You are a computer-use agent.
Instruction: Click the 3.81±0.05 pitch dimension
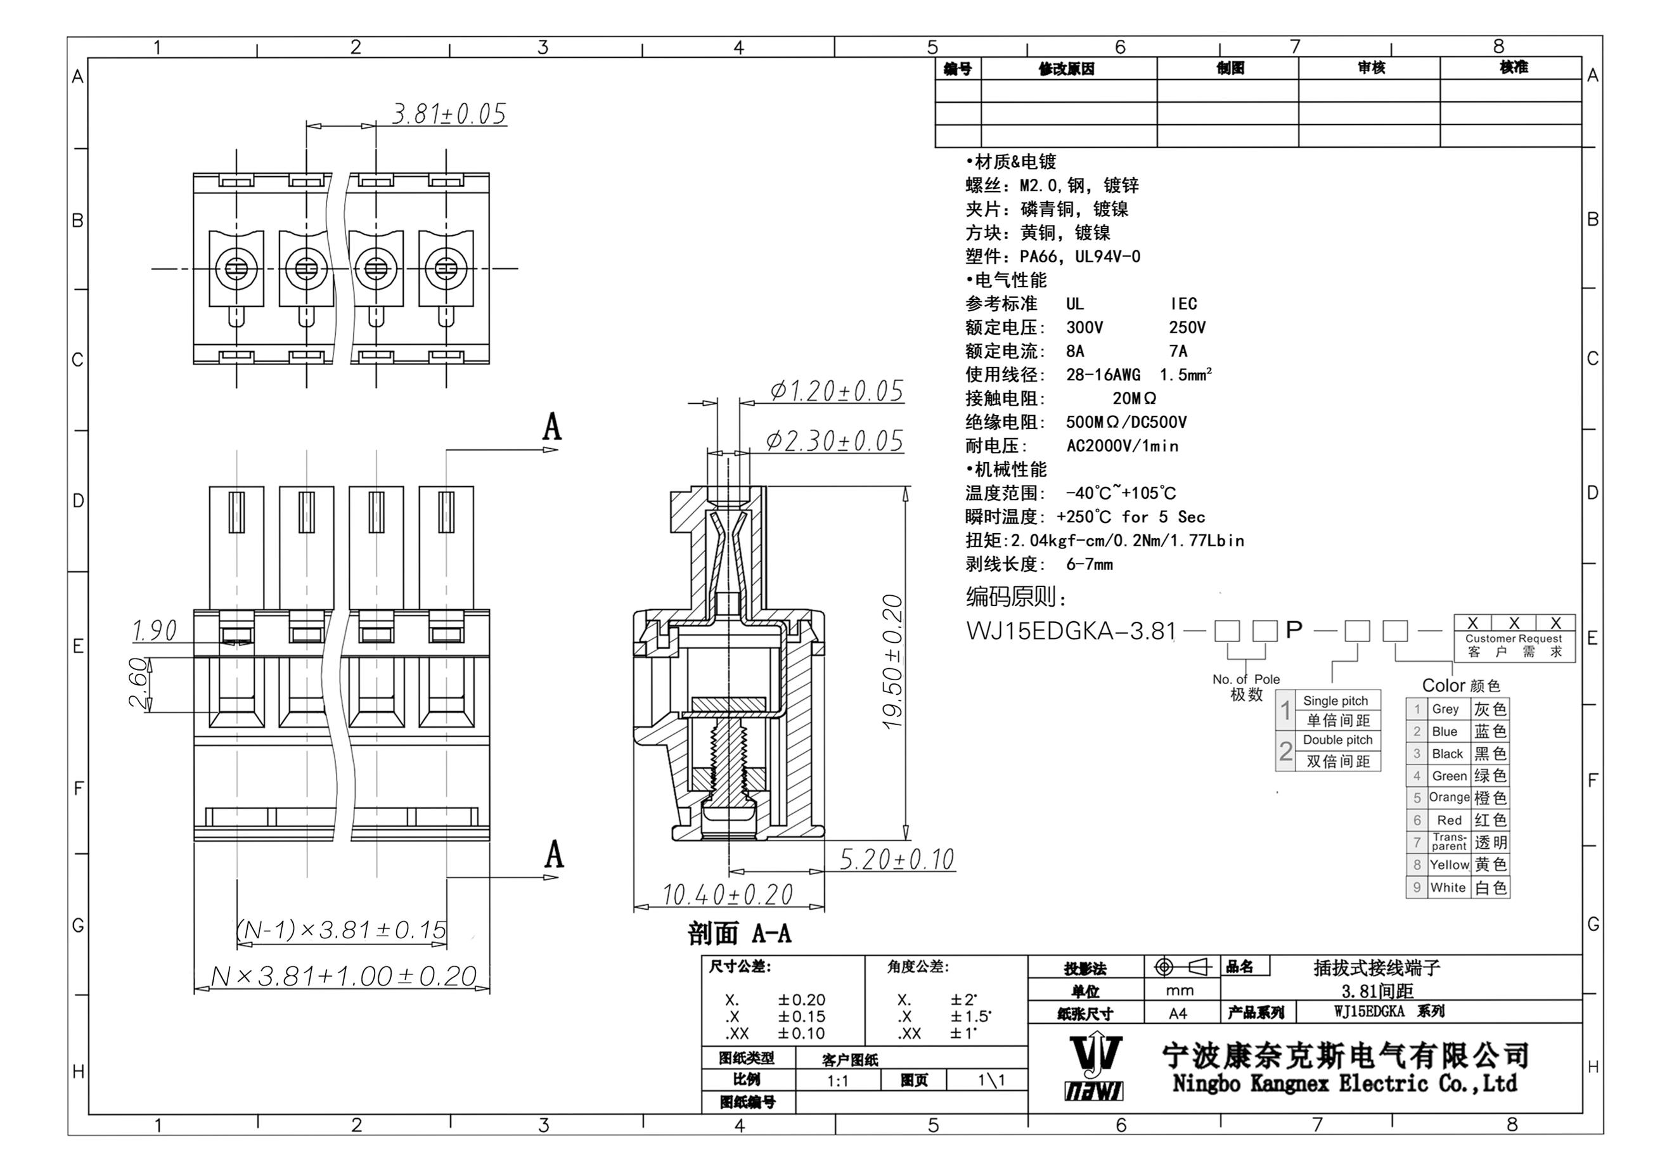449,114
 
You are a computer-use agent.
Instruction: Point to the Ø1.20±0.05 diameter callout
837,391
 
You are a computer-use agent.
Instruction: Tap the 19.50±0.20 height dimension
894,661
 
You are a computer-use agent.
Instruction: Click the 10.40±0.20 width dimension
728,895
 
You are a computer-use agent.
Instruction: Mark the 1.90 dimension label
154,631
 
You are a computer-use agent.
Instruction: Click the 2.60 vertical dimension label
139,683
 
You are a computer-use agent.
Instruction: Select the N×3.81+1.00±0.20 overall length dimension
344,977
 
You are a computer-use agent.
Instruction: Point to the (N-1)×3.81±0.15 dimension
341,930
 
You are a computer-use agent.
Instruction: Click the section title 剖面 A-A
739,933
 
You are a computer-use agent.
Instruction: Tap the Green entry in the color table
1449,776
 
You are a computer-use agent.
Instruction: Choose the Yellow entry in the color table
1449,865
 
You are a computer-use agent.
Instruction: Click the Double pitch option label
1337,740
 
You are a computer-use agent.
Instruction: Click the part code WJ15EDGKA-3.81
1071,631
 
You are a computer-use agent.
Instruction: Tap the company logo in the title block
1095,1068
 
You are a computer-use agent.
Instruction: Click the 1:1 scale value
837,1081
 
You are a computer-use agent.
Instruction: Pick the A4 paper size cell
1178,1014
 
